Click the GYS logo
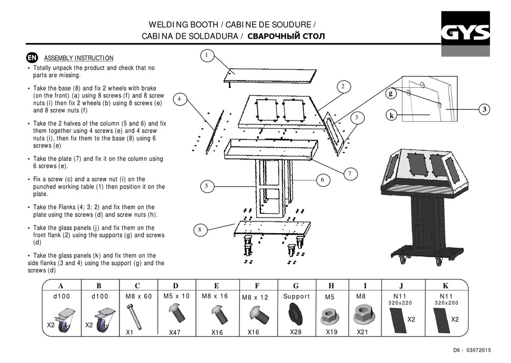466,33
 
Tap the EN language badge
32,58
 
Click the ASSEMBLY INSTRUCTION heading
79,58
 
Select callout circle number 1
207,55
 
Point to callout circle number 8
199,230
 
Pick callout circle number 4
180,99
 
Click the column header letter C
137,286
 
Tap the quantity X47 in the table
175,332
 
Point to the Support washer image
296,313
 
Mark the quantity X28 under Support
296,332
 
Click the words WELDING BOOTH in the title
183,25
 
